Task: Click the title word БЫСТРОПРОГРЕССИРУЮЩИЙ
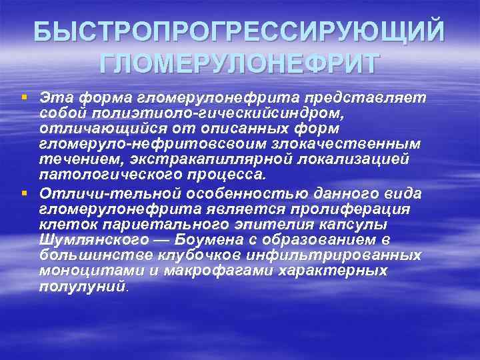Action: (x=239, y=32)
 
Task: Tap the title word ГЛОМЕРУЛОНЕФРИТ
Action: (x=239, y=64)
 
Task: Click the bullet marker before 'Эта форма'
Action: (x=25, y=97)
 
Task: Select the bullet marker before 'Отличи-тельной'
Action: (x=25, y=193)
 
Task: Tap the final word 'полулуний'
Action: (x=81, y=287)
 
